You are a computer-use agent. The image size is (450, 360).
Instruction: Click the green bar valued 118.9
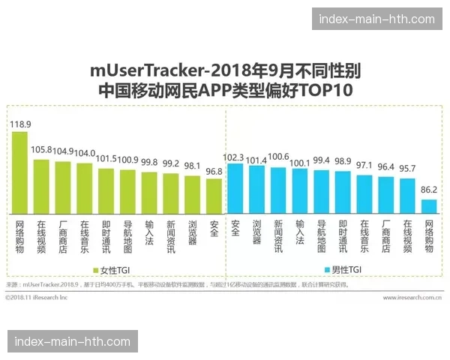point(19,172)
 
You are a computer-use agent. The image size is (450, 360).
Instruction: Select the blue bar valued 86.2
point(429,206)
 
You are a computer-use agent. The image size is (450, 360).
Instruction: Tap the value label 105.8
point(41,150)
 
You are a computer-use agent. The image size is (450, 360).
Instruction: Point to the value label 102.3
point(235,157)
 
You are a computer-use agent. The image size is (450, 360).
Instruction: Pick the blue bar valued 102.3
point(235,188)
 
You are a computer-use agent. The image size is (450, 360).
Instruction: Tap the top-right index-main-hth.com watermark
point(376,19)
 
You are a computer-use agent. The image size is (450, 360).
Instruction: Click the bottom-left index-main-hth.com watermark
point(73,341)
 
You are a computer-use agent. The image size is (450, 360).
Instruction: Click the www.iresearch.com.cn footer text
point(411,297)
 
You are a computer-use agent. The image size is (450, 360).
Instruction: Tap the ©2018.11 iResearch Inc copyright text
point(36,297)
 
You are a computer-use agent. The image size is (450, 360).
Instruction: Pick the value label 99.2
point(171,164)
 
